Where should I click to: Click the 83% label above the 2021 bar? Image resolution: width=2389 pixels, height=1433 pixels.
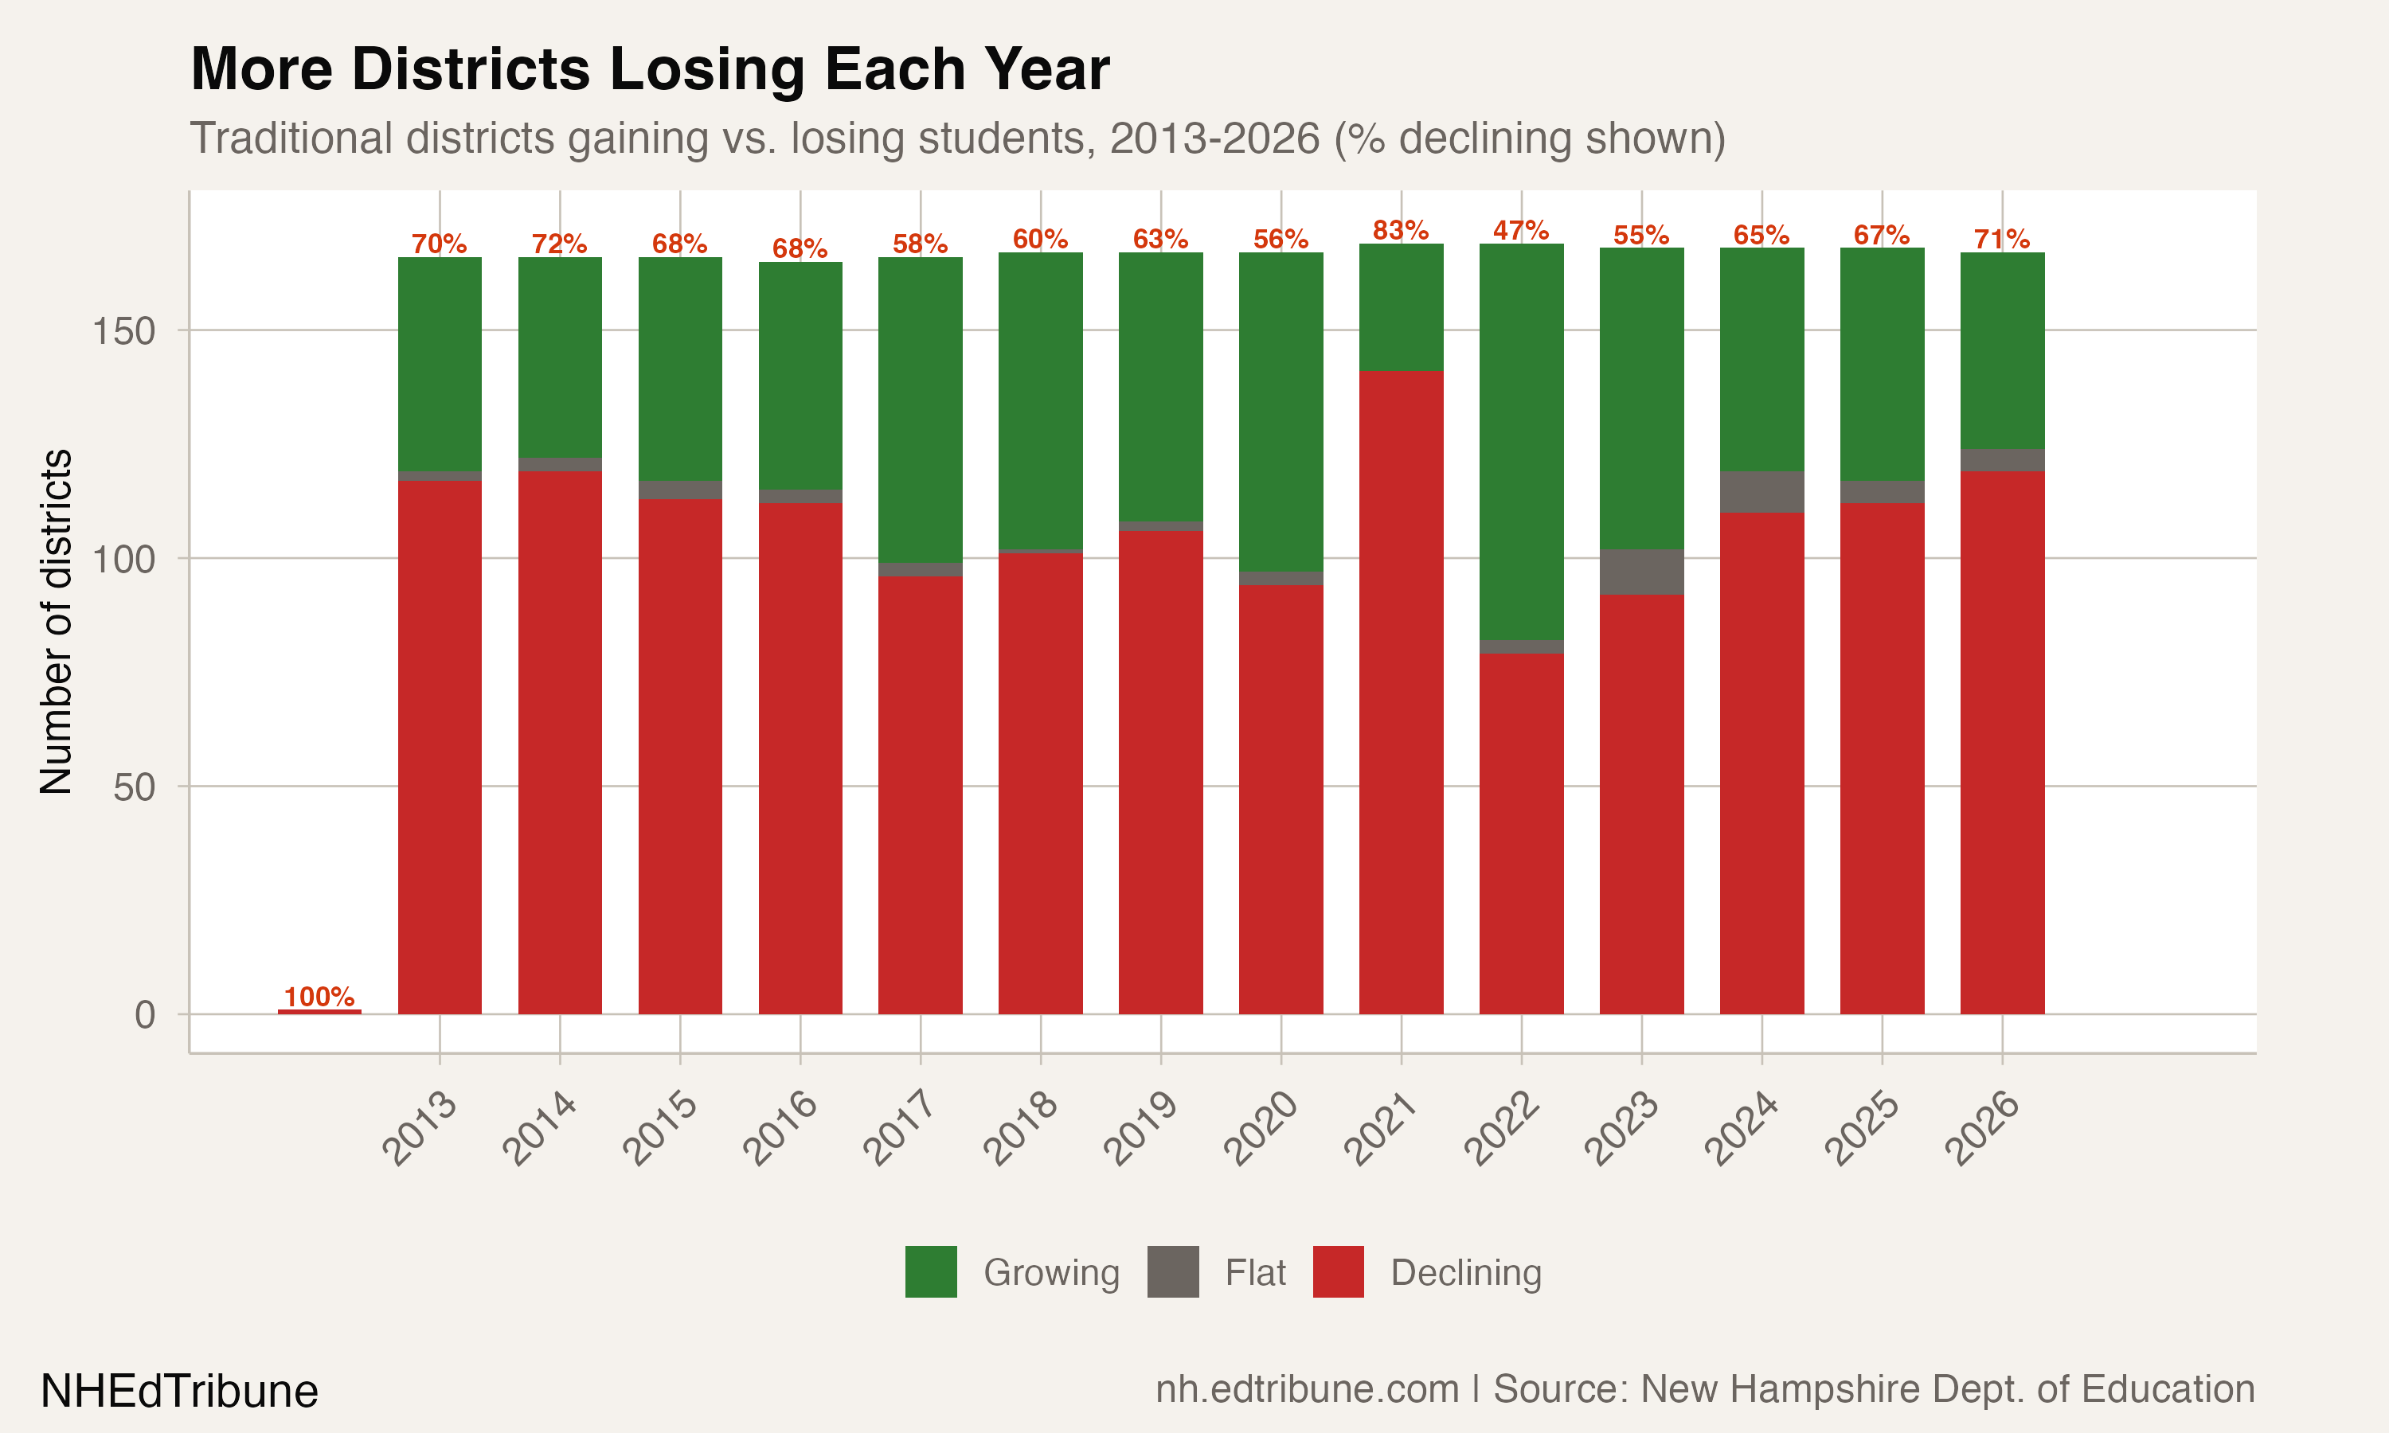click(x=1400, y=230)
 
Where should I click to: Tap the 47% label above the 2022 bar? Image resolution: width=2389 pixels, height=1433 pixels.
click(x=1521, y=230)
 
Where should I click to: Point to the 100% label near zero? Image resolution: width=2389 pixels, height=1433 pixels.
click(x=319, y=997)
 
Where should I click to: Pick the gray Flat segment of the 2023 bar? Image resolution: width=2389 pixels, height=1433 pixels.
click(x=1641, y=572)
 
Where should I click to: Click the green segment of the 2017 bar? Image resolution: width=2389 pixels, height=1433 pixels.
click(x=921, y=409)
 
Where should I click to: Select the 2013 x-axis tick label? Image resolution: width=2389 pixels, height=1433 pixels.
click(x=420, y=1128)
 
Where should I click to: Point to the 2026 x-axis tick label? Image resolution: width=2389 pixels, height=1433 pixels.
click(x=1982, y=1128)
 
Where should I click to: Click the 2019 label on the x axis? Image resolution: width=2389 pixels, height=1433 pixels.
click(x=1140, y=1128)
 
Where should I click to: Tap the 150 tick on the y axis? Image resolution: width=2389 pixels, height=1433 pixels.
click(x=123, y=331)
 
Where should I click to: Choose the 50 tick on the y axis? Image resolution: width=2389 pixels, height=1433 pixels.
click(x=133, y=788)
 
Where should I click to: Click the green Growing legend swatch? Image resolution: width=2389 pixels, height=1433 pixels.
click(x=931, y=1271)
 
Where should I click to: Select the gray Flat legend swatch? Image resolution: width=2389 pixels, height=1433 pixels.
click(x=1172, y=1271)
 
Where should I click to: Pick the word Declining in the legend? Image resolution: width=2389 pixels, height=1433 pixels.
click(x=1465, y=1273)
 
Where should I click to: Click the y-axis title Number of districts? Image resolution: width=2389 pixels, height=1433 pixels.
click(x=56, y=622)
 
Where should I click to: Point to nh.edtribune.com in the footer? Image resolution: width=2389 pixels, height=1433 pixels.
click(x=1307, y=1389)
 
